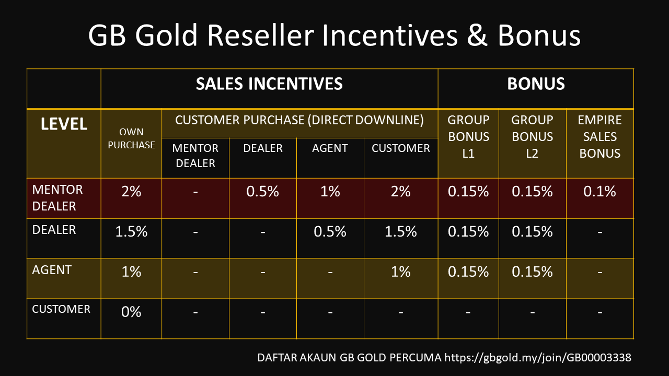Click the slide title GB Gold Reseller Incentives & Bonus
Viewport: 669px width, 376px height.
tap(334, 36)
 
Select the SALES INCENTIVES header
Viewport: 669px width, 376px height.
tap(269, 84)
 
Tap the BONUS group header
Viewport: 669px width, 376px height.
tap(536, 84)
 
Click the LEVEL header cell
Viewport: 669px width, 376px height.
tap(64, 124)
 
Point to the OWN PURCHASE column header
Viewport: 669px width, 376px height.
tap(131, 138)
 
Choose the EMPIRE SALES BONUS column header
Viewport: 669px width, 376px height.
tap(599, 137)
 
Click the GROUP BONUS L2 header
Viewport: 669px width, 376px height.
tap(532, 137)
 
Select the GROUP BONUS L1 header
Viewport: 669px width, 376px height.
tap(468, 137)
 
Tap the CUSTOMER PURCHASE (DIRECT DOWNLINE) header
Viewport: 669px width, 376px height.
tap(299, 120)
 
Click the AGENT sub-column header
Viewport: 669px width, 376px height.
tap(330, 148)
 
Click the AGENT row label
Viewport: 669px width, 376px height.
tap(52, 270)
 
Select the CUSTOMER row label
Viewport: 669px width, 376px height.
tap(61, 309)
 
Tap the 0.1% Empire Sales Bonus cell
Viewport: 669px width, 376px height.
tap(599, 192)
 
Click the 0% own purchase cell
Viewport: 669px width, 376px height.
tap(131, 312)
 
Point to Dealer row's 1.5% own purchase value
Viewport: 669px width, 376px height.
tap(131, 232)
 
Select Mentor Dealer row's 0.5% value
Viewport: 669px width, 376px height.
tap(262, 192)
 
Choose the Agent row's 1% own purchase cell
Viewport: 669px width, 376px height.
tap(131, 272)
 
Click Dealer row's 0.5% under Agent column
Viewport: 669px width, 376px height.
tap(330, 232)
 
